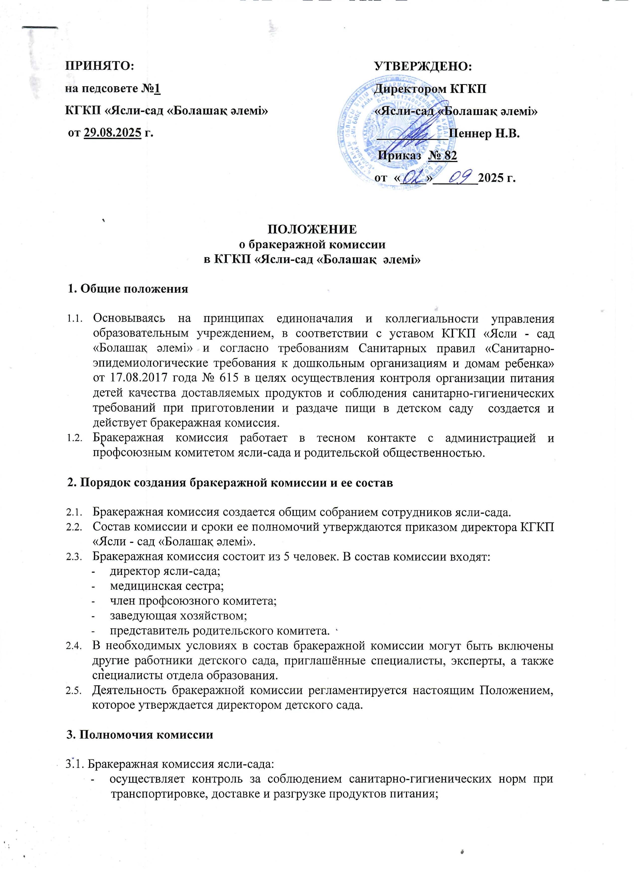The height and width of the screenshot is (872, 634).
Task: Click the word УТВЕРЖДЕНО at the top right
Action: pyautogui.click(x=423, y=66)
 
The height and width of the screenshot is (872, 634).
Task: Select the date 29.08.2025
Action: pyautogui.click(x=112, y=133)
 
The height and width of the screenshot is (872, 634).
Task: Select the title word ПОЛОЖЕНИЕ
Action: pyautogui.click(x=312, y=229)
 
